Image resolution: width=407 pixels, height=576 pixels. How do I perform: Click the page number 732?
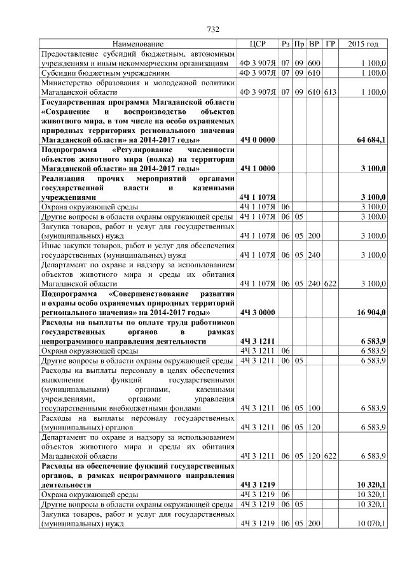214,29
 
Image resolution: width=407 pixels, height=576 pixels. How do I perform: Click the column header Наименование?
138,44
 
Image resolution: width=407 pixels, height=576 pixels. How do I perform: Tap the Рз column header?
286,44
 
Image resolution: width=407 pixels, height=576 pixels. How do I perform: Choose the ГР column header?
329,44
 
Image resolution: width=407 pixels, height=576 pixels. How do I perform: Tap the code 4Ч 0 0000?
258,139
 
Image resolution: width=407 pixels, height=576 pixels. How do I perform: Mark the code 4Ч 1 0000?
258,169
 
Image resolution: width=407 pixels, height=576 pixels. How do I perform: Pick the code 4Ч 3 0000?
258,313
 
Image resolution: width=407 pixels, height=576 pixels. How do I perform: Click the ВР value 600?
314,64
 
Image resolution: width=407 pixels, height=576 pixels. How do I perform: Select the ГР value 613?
329,92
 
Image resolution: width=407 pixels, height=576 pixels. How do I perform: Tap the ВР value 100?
314,407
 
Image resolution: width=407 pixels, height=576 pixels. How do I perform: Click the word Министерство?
68,83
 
